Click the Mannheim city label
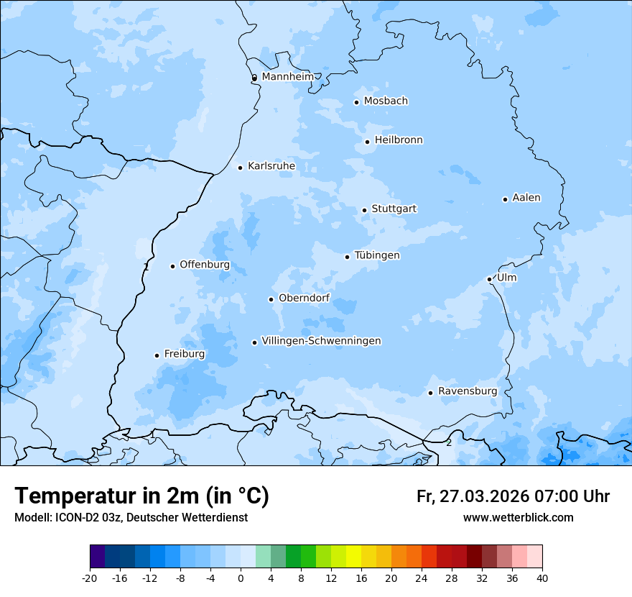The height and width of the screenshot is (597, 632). [287, 76]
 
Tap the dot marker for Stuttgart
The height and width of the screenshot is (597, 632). [364, 210]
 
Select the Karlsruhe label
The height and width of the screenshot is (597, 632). [271, 166]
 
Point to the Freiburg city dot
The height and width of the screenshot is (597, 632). [157, 355]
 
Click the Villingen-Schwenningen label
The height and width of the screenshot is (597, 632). [321, 341]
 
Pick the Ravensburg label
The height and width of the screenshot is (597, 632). [467, 391]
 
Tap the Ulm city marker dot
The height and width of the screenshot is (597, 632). [489, 279]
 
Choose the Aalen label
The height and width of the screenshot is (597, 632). [526, 198]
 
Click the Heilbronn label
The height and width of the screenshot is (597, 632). [399, 140]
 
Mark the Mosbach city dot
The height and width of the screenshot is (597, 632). [356, 102]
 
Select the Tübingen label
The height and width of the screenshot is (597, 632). [376, 255]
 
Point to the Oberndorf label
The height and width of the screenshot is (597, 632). [304, 298]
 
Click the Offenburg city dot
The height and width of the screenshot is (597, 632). [172, 266]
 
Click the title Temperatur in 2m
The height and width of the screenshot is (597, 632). [141, 496]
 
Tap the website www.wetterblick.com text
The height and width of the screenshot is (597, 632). [518, 518]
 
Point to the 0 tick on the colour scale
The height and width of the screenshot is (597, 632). [241, 578]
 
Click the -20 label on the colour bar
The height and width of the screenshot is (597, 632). [90, 578]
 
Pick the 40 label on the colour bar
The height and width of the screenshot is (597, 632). [542, 578]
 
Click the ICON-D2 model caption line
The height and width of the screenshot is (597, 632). [131, 518]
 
